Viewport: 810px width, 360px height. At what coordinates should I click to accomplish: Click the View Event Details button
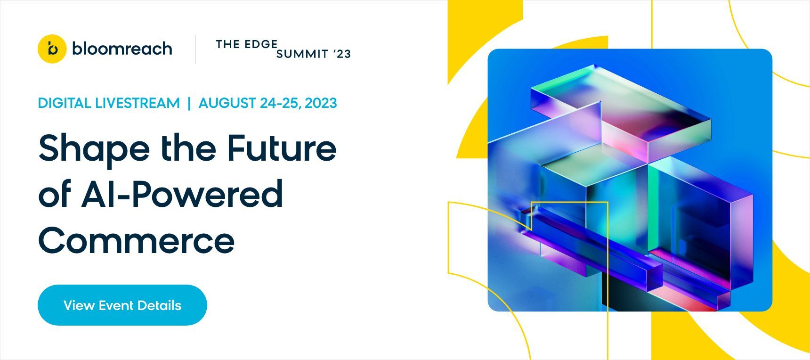point(122,305)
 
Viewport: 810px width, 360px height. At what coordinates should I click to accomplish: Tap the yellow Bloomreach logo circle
point(52,49)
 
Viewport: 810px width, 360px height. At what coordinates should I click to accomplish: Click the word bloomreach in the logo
point(122,49)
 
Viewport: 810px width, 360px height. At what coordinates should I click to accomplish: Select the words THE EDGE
point(246,44)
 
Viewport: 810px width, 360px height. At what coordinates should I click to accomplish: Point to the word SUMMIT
point(302,54)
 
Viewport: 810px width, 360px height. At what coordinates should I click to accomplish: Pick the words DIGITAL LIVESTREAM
point(109,103)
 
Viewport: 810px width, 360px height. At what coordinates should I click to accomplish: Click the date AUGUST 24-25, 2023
point(268,103)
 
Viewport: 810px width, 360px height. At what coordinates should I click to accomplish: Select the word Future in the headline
point(282,148)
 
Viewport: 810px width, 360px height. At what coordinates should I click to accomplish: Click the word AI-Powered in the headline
point(182,194)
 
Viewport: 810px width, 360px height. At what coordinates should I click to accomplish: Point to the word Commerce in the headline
point(137,240)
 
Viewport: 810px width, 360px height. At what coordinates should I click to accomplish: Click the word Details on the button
point(160,305)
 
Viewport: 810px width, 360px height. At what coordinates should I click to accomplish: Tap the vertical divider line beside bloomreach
point(195,49)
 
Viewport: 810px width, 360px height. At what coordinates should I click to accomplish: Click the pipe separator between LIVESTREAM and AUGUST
point(189,103)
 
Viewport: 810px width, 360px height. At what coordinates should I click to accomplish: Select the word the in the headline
point(188,148)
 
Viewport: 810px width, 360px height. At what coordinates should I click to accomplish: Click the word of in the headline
point(55,194)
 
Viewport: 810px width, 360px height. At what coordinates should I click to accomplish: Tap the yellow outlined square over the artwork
point(569,202)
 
